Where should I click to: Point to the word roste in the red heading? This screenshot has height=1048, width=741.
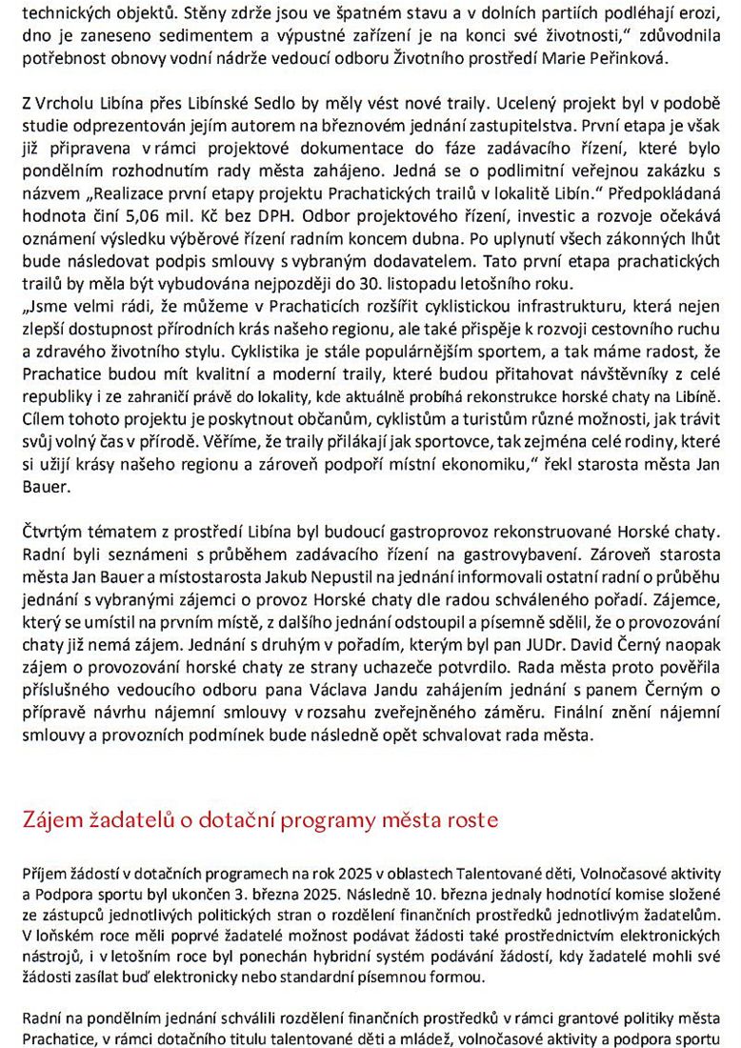tap(470, 820)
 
